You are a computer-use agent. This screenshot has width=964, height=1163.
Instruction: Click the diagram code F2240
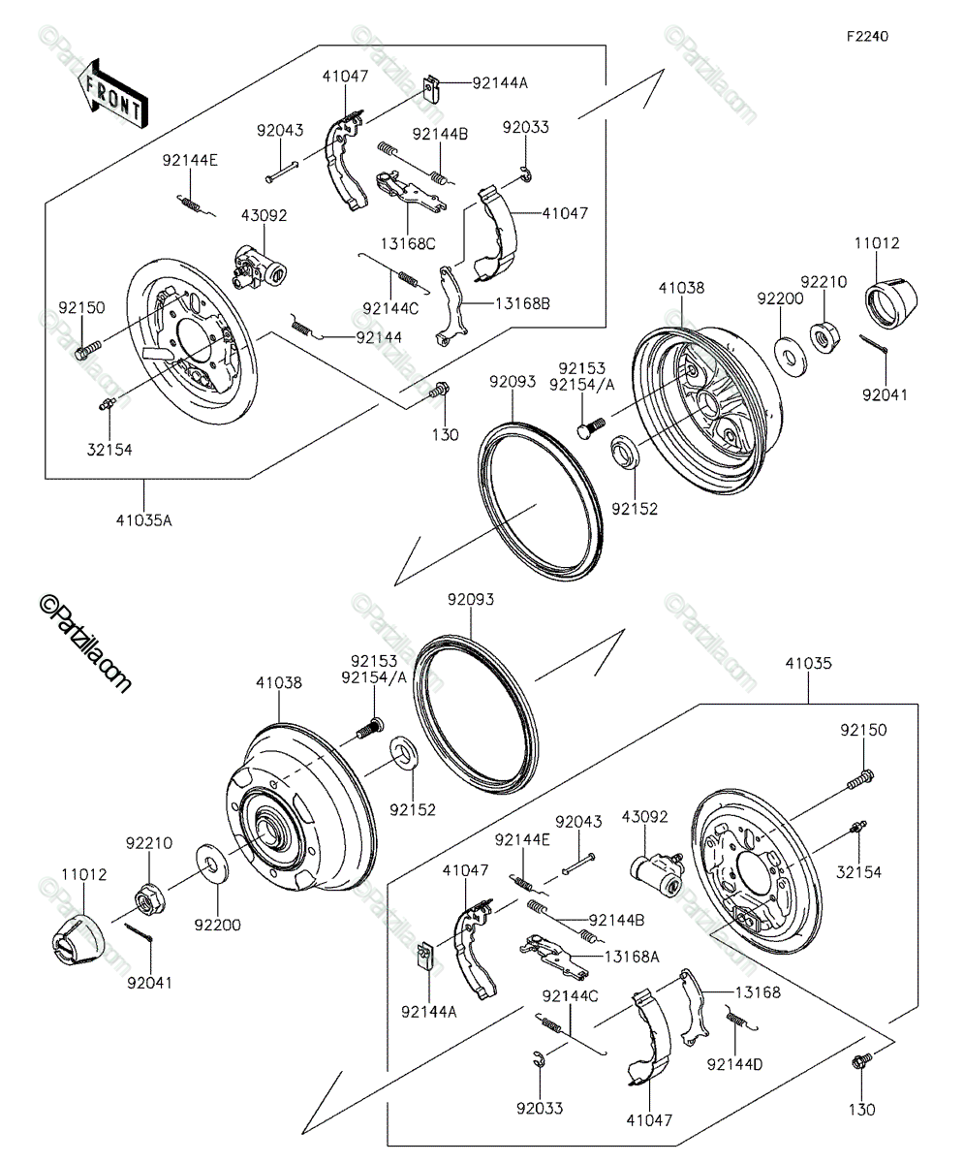[x=867, y=37]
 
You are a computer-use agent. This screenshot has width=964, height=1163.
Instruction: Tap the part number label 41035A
[x=143, y=520]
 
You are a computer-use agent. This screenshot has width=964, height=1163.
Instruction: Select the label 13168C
[x=408, y=244]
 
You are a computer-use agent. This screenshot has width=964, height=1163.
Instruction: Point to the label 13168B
[x=522, y=303]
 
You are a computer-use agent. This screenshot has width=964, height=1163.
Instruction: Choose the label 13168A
[x=632, y=957]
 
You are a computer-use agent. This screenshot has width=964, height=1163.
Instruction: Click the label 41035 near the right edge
[x=809, y=663]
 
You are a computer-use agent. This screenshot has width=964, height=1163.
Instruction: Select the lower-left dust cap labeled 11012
[x=77, y=941]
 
